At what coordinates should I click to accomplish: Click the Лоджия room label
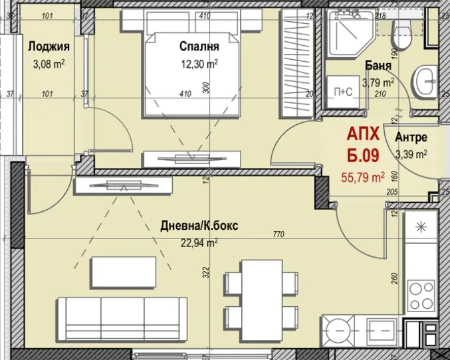[x=49, y=46]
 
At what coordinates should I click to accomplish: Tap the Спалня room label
[x=199, y=46]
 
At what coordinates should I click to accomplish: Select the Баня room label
[x=378, y=66]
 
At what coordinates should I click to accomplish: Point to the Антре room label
[x=411, y=137]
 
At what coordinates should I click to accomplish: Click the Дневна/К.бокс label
[x=199, y=226]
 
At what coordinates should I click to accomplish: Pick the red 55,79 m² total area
[x=363, y=177]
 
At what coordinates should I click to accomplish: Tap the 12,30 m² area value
[x=199, y=64]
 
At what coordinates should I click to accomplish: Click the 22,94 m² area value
[x=199, y=242]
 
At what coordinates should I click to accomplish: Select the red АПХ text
[x=363, y=134]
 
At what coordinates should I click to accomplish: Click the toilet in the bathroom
[x=401, y=34]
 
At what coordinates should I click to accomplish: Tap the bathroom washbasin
[x=425, y=81]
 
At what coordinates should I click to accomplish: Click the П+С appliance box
[x=343, y=92]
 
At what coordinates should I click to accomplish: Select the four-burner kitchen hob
[x=421, y=296]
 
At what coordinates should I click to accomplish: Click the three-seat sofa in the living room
[x=122, y=319]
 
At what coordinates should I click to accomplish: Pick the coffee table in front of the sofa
[x=124, y=272]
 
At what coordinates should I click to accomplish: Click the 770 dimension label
[x=279, y=234]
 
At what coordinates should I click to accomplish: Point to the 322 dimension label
[x=206, y=272]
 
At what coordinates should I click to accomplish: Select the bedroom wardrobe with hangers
[x=296, y=63]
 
